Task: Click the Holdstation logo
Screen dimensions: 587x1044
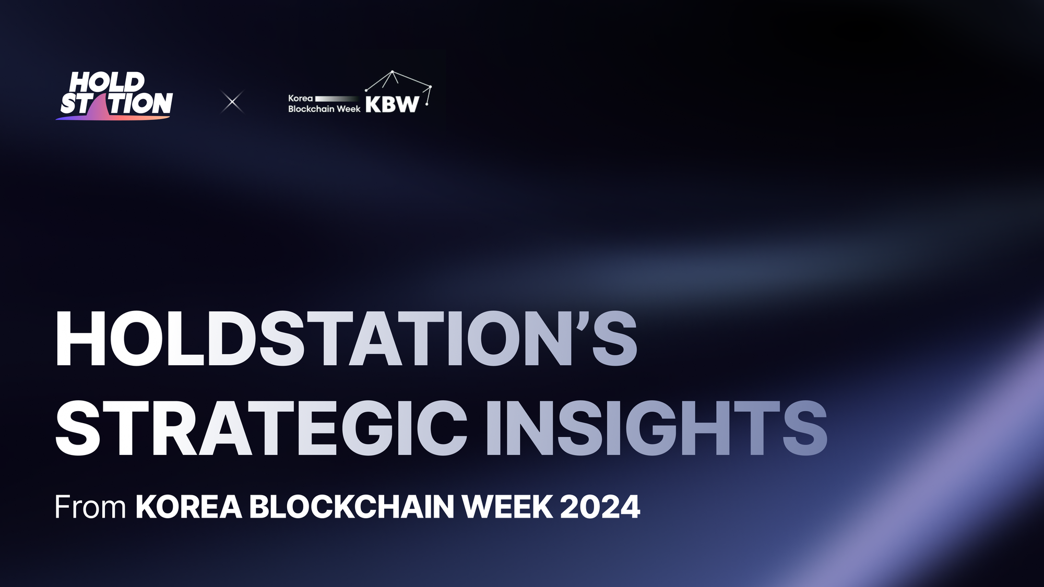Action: click(x=115, y=96)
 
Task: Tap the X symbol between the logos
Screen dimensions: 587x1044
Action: click(x=232, y=102)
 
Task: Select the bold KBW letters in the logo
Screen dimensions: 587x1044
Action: click(x=392, y=104)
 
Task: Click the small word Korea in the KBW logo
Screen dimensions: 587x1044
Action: click(x=300, y=98)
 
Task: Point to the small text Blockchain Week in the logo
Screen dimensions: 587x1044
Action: click(x=324, y=109)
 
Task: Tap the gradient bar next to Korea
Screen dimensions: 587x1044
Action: click(x=337, y=99)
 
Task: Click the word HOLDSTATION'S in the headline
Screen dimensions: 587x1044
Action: click(x=346, y=339)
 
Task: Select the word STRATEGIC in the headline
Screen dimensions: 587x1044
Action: click(x=261, y=429)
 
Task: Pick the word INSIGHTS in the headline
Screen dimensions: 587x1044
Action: click(x=656, y=429)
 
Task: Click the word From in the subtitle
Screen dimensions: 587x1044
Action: click(x=90, y=507)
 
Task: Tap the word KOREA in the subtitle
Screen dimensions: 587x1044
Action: click(x=188, y=507)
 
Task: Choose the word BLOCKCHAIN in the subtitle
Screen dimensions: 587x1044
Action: click(x=351, y=507)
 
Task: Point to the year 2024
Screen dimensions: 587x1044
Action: click(x=600, y=507)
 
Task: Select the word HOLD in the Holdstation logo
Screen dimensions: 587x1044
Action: click(x=107, y=82)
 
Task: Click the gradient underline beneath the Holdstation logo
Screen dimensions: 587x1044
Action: click(x=113, y=118)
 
